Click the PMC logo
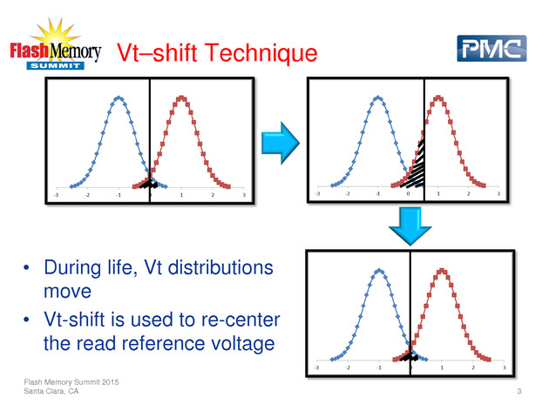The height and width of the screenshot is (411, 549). (491, 48)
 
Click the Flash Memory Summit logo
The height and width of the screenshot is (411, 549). (56, 44)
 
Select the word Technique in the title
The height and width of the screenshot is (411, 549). (261, 53)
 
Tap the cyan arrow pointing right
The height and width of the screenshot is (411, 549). (281, 143)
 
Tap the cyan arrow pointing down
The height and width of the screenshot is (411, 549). (410, 226)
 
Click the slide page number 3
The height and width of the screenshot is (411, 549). (519, 391)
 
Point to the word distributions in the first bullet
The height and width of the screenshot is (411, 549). (220, 267)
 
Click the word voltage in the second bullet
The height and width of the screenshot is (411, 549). (241, 343)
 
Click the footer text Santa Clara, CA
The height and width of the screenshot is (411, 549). (51, 391)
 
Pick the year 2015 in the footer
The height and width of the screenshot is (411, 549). (111, 382)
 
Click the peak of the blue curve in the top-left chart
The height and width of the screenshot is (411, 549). (119, 98)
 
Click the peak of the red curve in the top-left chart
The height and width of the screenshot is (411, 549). (181, 98)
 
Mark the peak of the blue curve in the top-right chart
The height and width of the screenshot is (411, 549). (378, 98)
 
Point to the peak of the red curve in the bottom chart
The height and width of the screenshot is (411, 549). (442, 271)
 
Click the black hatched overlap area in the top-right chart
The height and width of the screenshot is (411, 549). (416, 167)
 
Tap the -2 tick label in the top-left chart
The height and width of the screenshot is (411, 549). (87, 195)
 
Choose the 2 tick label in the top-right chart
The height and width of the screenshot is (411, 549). (469, 193)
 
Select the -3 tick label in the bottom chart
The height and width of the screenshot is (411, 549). (316, 367)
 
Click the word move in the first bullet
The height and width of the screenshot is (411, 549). (68, 292)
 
